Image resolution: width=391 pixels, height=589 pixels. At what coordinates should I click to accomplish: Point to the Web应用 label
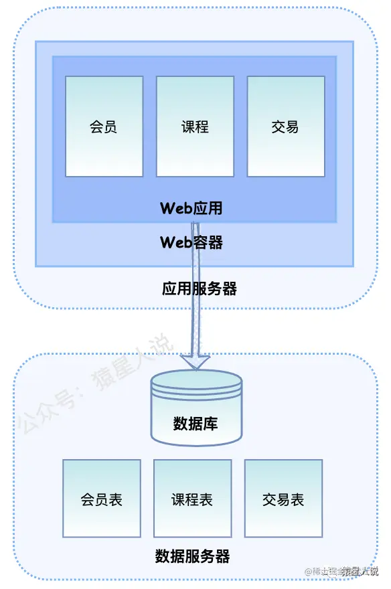pyautogui.click(x=191, y=208)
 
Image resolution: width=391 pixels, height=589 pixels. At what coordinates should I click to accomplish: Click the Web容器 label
pyautogui.click(x=191, y=242)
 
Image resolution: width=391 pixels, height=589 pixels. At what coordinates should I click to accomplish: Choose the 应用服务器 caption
pyautogui.click(x=200, y=289)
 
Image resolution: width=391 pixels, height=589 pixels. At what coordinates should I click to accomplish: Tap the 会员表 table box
pyautogui.click(x=102, y=498)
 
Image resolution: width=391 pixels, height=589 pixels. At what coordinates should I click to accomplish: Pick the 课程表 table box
pyautogui.click(x=193, y=498)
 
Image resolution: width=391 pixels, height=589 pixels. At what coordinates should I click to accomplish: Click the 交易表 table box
pyautogui.click(x=283, y=498)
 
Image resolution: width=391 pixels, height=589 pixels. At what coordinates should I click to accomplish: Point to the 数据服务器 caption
pyautogui.click(x=192, y=556)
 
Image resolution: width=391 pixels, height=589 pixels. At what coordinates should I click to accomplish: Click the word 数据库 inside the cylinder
pyautogui.click(x=195, y=424)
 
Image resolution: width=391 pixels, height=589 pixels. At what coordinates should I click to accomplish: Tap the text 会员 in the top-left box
pyautogui.click(x=104, y=127)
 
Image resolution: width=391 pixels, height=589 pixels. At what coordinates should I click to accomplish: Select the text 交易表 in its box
pyautogui.click(x=283, y=500)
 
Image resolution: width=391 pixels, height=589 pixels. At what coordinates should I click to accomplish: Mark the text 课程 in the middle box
pyautogui.click(x=195, y=127)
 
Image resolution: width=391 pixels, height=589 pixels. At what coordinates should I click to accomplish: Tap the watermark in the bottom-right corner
pyautogui.click(x=341, y=572)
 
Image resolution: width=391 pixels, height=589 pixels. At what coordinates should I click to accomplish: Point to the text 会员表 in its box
pyautogui.click(x=102, y=500)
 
